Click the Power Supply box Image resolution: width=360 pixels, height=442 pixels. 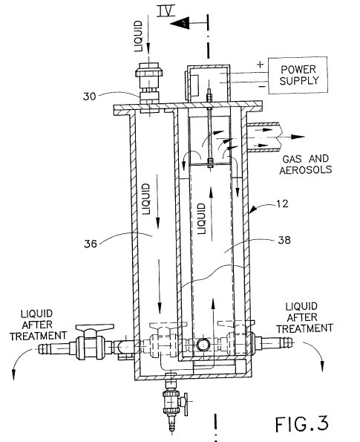tap(298, 75)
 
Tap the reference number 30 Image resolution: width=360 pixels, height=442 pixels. tap(89, 97)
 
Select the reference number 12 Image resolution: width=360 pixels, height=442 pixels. tap(282, 204)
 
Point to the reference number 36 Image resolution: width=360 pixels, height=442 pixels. tap(91, 244)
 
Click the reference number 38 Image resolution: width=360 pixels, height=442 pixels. tap(284, 240)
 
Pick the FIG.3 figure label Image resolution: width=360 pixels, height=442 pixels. tap(301, 423)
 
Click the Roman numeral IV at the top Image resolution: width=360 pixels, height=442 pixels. tap(166, 10)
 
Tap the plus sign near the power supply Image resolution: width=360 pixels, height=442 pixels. tap(260, 65)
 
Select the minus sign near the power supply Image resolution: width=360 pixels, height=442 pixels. tap(262, 86)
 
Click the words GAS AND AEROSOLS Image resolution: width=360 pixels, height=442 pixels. tap(306, 164)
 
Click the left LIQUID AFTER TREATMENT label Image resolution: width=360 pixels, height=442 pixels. tap(38, 325)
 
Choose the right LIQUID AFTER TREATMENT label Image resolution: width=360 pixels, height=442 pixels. tap(304, 317)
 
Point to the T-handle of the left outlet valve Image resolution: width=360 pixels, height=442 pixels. tap(95, 328)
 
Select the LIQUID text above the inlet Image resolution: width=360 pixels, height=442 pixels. tap(139, 36)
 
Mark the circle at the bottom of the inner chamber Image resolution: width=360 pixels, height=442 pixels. tap(203, 345)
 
